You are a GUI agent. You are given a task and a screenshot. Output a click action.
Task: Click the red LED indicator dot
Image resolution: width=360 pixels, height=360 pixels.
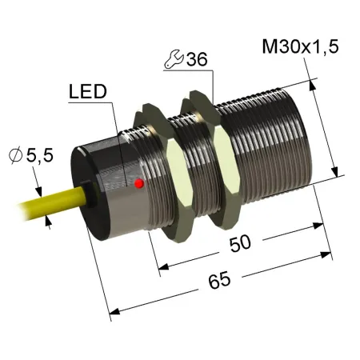(139, 183)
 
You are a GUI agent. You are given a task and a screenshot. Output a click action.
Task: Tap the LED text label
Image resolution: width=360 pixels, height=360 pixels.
(88, 91)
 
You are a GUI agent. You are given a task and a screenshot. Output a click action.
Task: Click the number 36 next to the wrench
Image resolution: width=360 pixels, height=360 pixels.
(197, 59)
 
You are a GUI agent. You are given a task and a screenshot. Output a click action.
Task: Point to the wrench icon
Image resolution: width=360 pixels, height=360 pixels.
(174, 59)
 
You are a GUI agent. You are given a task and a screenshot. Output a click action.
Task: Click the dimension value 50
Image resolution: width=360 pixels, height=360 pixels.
(241, 243)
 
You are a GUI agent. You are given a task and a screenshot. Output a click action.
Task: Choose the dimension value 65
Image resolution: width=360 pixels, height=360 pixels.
(219, 280)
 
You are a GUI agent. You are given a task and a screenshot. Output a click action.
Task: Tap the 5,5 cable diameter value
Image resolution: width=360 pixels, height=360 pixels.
(40, 155)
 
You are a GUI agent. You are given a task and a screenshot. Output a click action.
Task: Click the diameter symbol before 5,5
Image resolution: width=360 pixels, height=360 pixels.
(15, 156)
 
